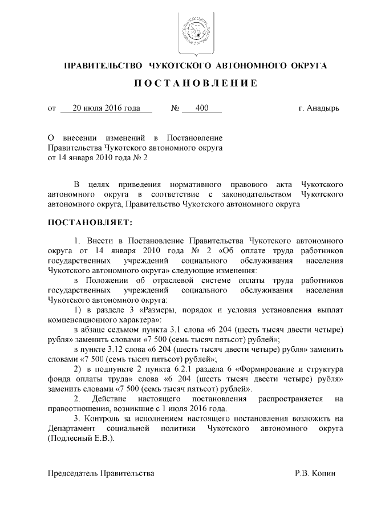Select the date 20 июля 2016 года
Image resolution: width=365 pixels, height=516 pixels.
coord(106,108)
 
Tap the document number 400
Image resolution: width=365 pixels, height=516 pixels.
coord(201,108)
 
